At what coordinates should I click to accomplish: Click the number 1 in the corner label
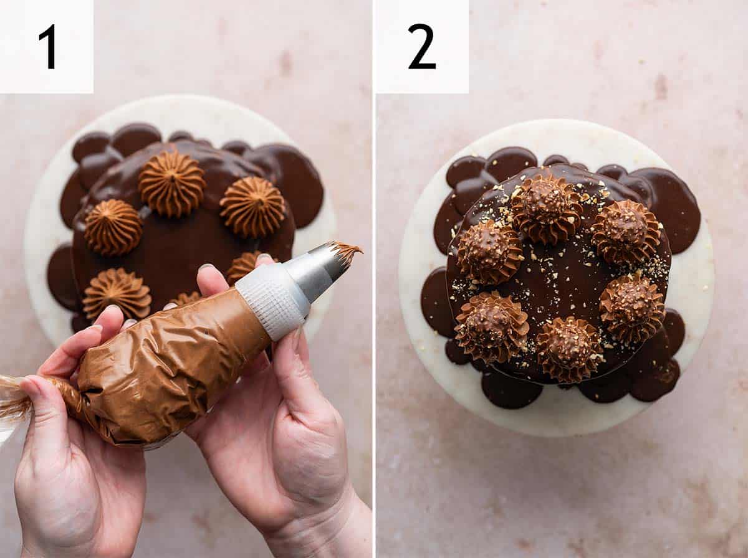pos(48,47)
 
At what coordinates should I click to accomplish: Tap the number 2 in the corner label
pos(421,47)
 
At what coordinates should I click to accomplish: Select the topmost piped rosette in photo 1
pos(172,184)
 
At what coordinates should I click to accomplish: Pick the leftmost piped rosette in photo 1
pos(113,227)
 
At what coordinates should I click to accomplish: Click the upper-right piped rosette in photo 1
pos(252,207)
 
